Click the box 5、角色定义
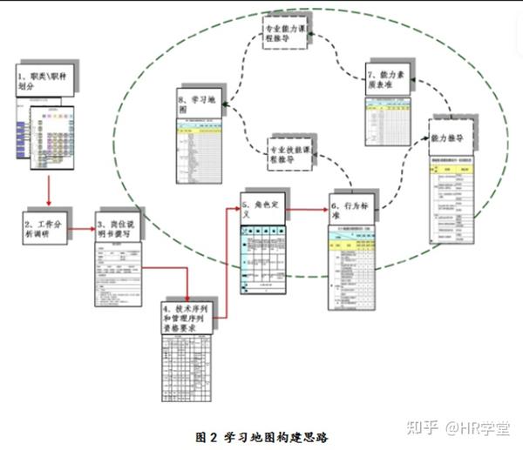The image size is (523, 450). [262, 208]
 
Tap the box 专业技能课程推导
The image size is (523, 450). [293, 149]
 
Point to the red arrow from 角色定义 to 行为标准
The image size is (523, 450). [306, 209]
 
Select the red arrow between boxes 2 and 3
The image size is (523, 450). [85, 230]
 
